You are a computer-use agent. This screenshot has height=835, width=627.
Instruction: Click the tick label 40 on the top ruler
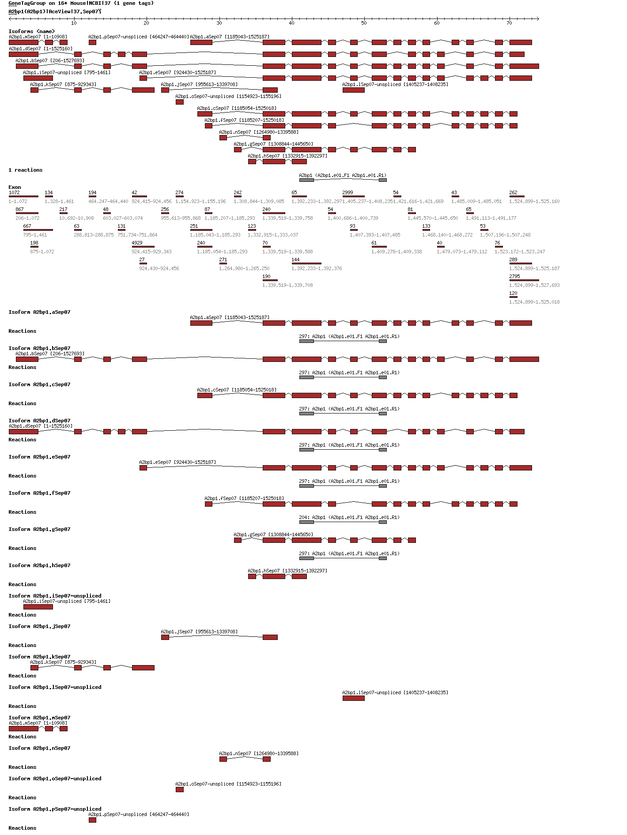pos(291,23)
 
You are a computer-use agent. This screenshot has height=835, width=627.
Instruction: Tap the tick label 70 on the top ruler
pos(509,23)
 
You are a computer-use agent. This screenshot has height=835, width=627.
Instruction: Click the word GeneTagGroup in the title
pos(27,3)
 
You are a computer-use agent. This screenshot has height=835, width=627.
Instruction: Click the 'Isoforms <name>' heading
pos(32,31)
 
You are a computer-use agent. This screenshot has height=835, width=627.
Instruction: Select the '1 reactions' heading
pos(26,170)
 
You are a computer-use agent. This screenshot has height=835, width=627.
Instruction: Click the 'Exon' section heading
pos(15,187)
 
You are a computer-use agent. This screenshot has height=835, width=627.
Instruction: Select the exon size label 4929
pos(137,243)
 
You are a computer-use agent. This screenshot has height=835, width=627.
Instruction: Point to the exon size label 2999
pos(347,192)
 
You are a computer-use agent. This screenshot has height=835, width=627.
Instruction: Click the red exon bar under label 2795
pos(524,280)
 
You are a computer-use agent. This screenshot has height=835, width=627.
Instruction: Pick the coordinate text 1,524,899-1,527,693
pos(534,285)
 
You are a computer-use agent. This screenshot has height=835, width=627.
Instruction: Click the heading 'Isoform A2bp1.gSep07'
pos(39,529)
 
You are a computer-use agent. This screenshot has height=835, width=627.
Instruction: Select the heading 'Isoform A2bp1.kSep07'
pos(39,657)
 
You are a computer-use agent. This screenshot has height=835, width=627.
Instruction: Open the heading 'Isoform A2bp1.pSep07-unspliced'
pos(55,809)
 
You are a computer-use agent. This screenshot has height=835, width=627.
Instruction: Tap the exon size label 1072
pos(14,192)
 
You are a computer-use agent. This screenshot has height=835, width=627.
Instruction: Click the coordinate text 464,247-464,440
pos(108,201)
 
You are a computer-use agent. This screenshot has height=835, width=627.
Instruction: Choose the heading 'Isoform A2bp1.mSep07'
pos(39,718)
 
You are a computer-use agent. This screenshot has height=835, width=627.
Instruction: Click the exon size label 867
pos(19,209)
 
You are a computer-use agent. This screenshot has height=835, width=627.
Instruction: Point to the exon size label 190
pos(266,276)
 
